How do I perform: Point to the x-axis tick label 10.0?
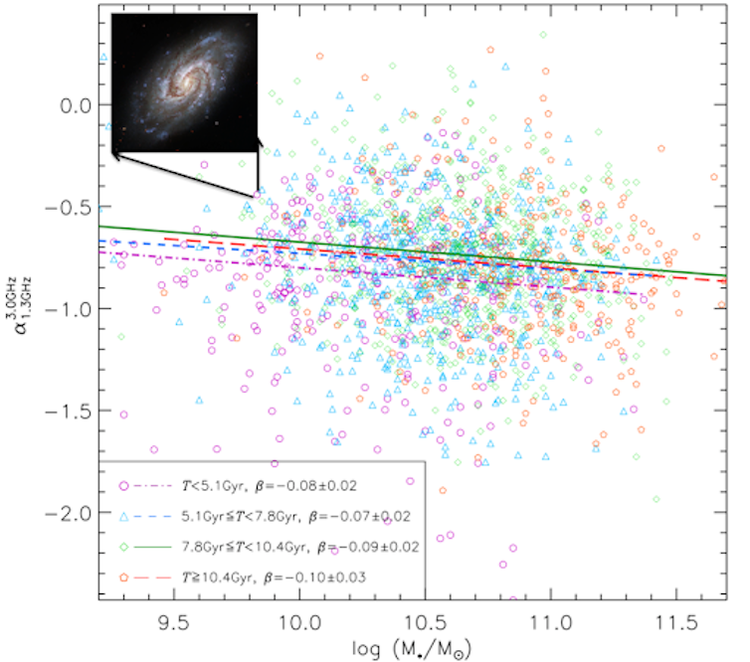[299, 626]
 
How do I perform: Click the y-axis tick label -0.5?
[70, 206]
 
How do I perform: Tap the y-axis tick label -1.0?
[70, 308]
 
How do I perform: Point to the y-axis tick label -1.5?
[70, 411]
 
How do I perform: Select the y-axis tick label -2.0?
[70, 513]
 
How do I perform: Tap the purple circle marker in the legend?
[123, 487]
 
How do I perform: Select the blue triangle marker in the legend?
[123, 517]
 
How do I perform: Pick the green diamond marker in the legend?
[123, 547]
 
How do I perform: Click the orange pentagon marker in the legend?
[123, 577]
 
